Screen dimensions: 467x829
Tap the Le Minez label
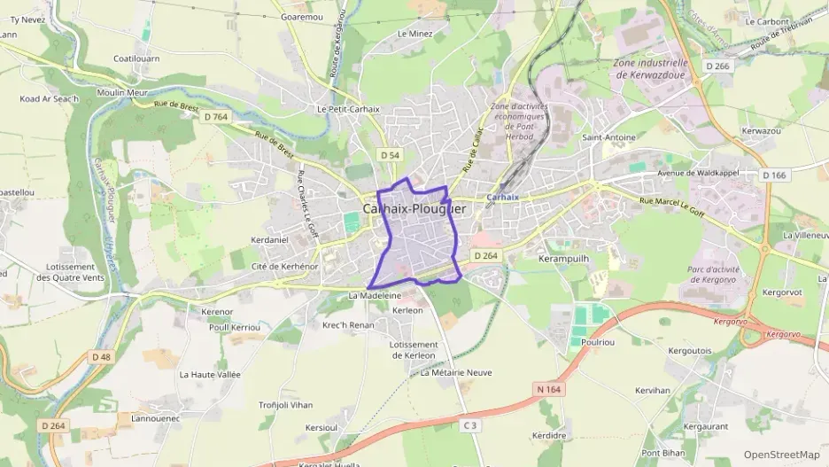tap(414, 34)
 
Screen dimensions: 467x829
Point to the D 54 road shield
tap(390, 155)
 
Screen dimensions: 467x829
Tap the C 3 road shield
tap(470, 425)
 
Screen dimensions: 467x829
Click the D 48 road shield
tap(102, 356)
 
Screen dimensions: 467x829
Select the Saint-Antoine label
tap(608, 137)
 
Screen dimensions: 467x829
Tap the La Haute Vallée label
tap(210, 375)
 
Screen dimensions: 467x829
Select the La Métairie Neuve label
tap(456, 373)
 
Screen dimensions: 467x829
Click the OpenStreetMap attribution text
tap(781, 455)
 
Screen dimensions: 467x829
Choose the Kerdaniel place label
tap(270, 239)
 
